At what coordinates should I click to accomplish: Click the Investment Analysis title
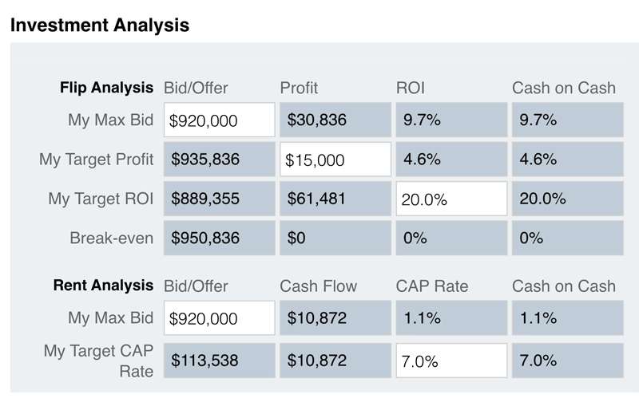coord(100,25)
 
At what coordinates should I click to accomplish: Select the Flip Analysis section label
coord(106,87)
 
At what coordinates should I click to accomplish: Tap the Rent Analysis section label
coord(103,285)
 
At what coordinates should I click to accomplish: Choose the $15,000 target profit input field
coord(335,160)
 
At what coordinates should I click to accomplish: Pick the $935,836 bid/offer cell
coord(219,160)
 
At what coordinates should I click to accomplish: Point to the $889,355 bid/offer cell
coord(219,199)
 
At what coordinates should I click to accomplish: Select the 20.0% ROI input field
coord(451,199)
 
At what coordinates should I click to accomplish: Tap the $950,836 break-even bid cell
coord(219,238)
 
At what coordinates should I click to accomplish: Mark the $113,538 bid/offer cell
coord(219,361)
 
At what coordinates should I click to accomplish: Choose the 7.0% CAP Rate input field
coord(451,361)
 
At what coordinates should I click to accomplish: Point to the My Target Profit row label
coord(96,160)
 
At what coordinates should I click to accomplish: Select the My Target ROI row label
coord(101,199)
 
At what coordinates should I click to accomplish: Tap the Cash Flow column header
coord(319,286)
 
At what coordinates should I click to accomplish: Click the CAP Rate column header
coord(432,286)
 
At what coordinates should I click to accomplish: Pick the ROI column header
coord(411,88)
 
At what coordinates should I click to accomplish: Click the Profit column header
coord(299,88)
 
